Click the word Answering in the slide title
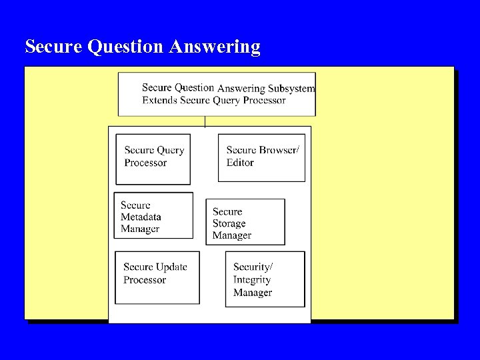[215, 47]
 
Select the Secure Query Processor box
[153, 159]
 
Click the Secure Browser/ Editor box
[261, 157]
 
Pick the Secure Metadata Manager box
[153, 215]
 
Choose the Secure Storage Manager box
[245, 222]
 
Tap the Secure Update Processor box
[157, 277]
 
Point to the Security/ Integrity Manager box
[265, 279]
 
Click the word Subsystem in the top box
[291, 89]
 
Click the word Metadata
[141, 217]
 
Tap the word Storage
[229, 223]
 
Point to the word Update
[171, 267]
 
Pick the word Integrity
[252, 279]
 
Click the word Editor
[240, 162]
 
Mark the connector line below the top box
[205, 121]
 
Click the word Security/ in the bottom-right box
[253, 267]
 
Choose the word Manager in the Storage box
[232, 235]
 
